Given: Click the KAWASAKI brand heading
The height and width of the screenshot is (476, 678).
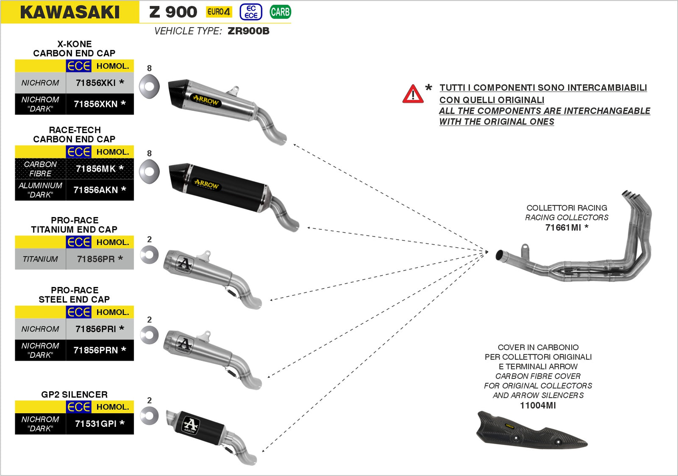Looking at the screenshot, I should click(70, 12).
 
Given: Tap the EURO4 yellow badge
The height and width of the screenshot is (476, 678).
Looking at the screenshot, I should click(219, 12).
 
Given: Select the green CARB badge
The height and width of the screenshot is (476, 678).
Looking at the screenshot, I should click(280, 12).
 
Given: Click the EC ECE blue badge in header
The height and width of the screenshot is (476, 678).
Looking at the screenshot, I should click(251, 12).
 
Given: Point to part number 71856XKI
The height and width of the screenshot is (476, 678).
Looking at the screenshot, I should click(100, 83).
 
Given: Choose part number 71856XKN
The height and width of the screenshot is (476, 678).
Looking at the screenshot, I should click(100, 104).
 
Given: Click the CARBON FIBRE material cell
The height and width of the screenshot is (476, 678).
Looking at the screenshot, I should click(40, 169).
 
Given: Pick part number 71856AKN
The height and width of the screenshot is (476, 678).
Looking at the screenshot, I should click(100, 190).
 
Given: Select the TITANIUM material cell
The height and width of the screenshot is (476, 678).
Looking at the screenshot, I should click(40, 259).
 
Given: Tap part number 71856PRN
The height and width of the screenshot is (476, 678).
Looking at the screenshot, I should click(100, 350).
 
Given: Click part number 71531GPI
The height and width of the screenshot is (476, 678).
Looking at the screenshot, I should click(100, 423).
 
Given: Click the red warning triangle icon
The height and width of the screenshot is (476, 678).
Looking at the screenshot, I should click(413, 94).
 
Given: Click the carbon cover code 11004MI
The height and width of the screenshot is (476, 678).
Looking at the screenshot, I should click(538, 405).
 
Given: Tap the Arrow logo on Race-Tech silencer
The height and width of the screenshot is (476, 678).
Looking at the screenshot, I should click(206, 184).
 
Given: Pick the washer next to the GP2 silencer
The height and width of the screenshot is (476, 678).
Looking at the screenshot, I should click(149, 416).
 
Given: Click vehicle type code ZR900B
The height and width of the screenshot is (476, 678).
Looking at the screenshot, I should click(248, 31).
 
